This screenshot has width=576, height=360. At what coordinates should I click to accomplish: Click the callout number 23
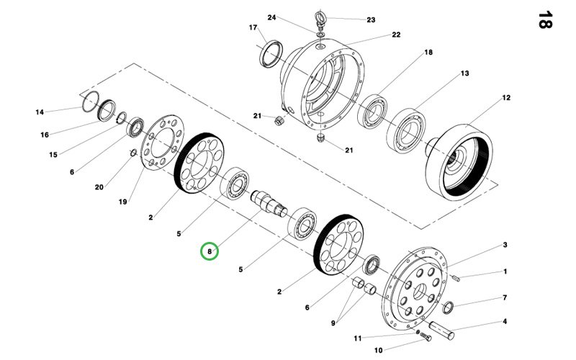[x=371, y=20]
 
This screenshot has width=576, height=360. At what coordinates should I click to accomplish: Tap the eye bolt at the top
[x=320, y=20]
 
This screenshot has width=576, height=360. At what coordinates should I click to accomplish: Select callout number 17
[x=253, y=27]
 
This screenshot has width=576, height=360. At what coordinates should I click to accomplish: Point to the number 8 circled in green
[x=210, y=251]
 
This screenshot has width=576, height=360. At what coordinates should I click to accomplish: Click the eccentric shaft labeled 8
[x=269, y=203]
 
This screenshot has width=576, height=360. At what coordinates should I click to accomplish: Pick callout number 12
[x=506, y=98]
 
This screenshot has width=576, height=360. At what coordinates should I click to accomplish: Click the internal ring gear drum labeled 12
[x=459, y=162]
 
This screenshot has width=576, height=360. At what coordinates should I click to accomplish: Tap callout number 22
[x=396, y=35]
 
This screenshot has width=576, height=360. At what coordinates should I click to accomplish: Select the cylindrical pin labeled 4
[x=441, y=330]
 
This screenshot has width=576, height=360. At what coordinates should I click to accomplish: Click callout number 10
[x=379, y=351]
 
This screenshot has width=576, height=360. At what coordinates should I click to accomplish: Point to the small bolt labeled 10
[x=426, y=336]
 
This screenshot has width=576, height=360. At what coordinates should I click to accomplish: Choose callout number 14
[x=40, y=112]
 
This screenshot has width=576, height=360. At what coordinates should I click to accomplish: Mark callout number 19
[x=122, y=202]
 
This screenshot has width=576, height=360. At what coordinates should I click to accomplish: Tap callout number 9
[x=333, y=323]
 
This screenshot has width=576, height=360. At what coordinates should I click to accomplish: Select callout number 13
[x=465, y=73]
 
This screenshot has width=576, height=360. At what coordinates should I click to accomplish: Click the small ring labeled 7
[x=448, y=307]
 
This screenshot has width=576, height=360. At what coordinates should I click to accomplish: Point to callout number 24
[x=271, y=17]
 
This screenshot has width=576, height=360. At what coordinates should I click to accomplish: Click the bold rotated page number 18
[x=545, y=20]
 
